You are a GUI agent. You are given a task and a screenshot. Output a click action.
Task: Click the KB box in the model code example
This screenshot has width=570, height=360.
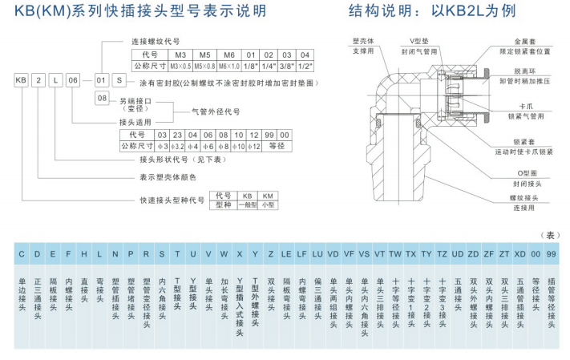tap(21, 81)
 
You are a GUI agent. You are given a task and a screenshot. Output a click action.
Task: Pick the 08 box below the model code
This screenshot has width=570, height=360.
tap(102, 98)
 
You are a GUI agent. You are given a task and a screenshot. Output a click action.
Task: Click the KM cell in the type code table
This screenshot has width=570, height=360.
tap(268, 195)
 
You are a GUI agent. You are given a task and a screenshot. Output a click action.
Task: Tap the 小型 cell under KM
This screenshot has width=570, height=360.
tap(268, 204)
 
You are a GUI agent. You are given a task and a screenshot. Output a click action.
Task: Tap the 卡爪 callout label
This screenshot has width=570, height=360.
tap(526, 106)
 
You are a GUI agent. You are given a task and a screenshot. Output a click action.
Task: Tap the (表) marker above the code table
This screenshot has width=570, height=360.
tap(552, 235)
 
